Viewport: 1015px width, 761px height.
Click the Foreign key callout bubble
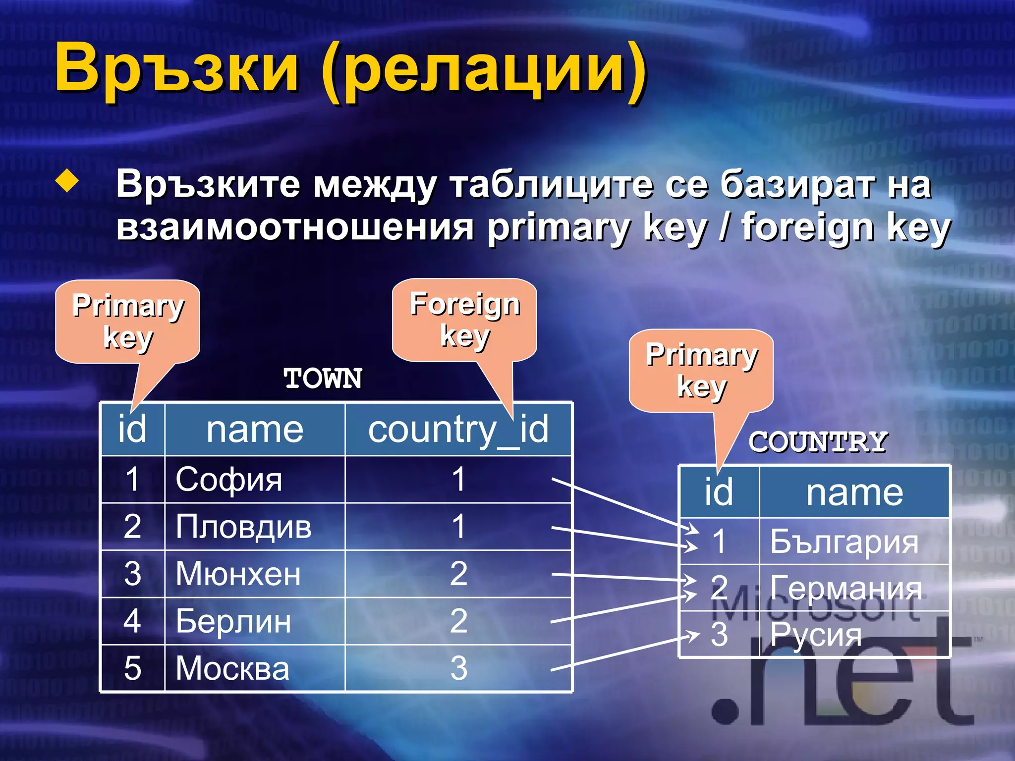(464, 320)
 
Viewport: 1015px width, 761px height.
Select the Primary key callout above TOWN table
(127, 321)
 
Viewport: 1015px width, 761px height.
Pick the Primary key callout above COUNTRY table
(701, 370)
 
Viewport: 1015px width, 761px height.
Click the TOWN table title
(323, 379)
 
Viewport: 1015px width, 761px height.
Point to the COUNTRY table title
(817, 442)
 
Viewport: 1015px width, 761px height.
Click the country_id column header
(458, 429)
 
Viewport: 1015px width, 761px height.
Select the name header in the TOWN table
(255, 429)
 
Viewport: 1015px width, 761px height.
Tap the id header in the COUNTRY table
(719, 492)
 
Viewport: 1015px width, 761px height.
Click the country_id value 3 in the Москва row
(458, 668)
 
